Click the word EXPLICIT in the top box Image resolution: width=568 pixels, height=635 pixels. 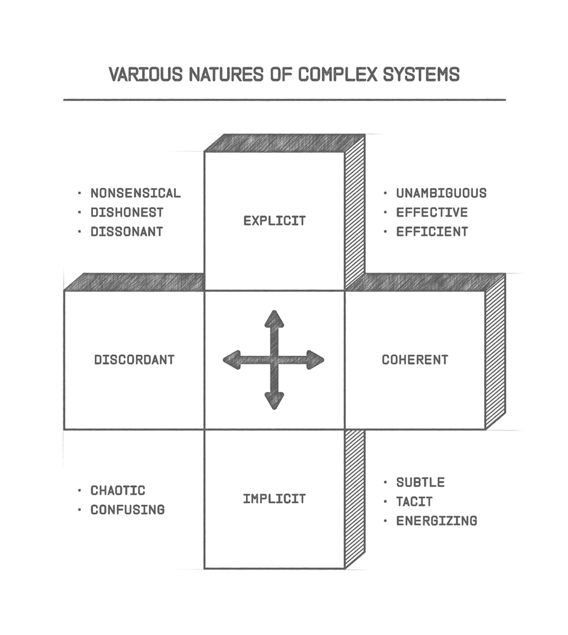click(x=274, y=221)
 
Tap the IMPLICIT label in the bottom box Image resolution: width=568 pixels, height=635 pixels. click(x=274, y=499)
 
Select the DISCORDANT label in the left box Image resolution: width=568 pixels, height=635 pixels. click(x=134, y=360)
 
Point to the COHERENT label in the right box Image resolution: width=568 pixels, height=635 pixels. click(x=415, y=360)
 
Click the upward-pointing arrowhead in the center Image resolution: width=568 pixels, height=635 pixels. click(x=274, y=319)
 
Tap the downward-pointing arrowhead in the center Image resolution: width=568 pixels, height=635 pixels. click(x=274, y=401)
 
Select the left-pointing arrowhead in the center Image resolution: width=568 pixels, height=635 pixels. click(x=232, y=360)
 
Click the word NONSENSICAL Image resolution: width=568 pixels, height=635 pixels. click(x=135, y=193)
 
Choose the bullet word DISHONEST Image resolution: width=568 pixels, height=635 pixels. click(x=127, y=213)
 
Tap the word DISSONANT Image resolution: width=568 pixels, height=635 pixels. click(x=127, y=231)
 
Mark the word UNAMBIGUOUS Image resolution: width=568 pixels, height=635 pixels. click(x=441, y=193)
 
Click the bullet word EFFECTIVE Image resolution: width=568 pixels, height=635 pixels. click(x=432, y=213)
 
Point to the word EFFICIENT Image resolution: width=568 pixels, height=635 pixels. click(x=432, y=231)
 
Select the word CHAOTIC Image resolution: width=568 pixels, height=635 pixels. click(x=118, y=491)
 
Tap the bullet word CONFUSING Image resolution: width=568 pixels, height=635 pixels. click(x=127, y=510)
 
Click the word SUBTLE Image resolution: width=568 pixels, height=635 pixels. click(x=420, y=482)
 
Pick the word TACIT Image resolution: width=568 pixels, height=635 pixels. click(x=414, y=502)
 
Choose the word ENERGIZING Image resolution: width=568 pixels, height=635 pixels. click(x=437, y=521)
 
